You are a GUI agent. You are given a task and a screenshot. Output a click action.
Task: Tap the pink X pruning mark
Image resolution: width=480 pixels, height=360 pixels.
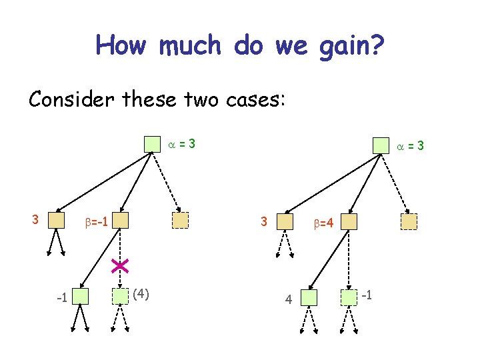tap(120, 266)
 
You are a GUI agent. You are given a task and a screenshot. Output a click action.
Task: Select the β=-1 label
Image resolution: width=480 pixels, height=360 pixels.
tap(97, 220)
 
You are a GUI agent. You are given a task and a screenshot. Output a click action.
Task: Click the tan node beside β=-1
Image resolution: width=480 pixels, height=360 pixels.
tap(119, 221)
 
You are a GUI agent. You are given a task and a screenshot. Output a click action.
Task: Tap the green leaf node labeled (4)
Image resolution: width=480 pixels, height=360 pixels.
tap(120, 295)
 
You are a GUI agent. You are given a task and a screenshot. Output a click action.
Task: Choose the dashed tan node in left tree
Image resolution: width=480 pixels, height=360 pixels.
tap(180, 221)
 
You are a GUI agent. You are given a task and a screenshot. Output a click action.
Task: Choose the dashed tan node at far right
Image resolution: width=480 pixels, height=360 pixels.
tap(409, 222)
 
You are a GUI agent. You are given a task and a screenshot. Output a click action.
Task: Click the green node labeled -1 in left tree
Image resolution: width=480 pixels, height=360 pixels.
tap(81, 295)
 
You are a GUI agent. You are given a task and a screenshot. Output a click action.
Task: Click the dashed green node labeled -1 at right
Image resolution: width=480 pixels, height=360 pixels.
tap(349, 297)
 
